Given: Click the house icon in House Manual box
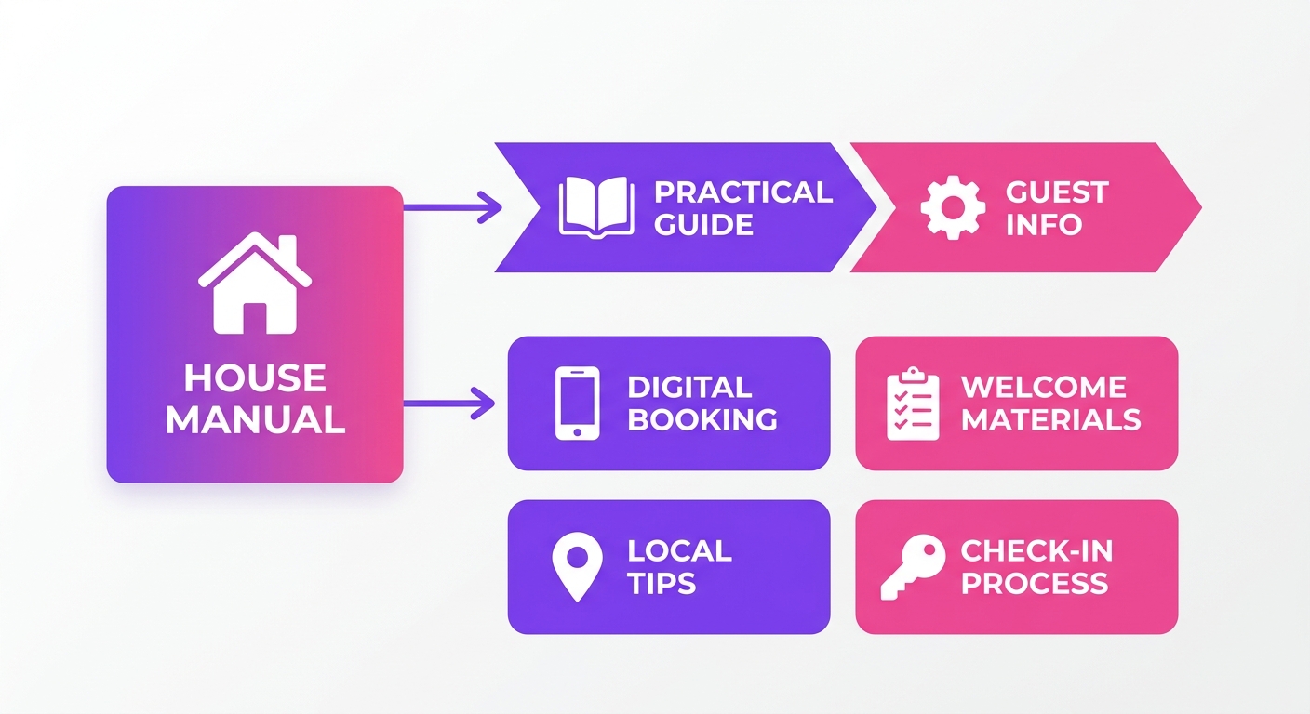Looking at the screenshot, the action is (255, 284).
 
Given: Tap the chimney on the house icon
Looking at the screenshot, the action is (287, 248).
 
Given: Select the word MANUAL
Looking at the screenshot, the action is (256, 419).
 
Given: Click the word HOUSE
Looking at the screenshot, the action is (255, 378).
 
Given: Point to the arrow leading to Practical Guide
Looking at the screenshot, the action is (453, 206).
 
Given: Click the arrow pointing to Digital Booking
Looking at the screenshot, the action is (449, 403).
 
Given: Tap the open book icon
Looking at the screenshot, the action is (596, 207).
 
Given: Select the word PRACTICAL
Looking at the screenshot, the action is (743, 192).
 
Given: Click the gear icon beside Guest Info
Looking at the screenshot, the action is (953, 207).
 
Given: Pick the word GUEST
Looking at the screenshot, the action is (1057, 192).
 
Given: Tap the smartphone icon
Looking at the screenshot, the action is (577, 403).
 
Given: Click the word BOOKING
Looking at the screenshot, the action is (702, 419).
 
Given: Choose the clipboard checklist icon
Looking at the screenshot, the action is (913, 403).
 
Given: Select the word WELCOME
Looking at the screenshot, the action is (1044, 387).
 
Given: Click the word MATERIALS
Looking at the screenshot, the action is (1051, 419).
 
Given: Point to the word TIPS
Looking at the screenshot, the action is (662, 583).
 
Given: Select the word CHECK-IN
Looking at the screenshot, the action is (1036, 550).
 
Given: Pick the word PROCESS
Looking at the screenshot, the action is (1035, 583).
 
